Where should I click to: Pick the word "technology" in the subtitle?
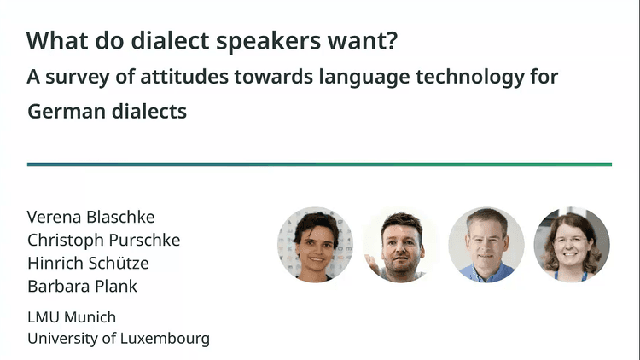point(464,77)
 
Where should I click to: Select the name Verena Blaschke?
point(91,217)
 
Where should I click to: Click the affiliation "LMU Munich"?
point(72,317)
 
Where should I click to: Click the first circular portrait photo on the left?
point(315,245)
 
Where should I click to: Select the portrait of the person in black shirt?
point(401,245)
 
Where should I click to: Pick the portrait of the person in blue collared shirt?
point(486,245)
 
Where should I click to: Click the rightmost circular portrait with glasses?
point(572,245)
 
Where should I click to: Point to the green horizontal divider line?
point(319,165)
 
